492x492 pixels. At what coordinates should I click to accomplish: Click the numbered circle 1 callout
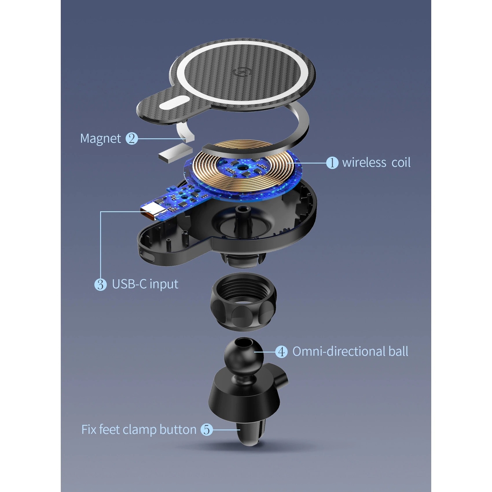[x=332, y=163]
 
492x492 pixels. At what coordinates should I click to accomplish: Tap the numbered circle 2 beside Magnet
[x=132, y=138]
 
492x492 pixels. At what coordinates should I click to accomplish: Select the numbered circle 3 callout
[x=101, y=284]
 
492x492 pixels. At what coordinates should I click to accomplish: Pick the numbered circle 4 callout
[x=281, y=352]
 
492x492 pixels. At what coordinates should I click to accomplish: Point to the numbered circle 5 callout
[x=207, y=430]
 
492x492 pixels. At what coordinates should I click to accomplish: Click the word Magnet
[x=101, y=139]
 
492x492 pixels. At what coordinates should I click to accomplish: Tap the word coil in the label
[x=401, y=163]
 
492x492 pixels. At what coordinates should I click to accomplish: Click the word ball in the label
[x=398, y=351]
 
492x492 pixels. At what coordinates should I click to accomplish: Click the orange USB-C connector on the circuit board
[x=149, y=212]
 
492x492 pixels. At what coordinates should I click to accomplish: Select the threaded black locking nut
[x=243, y=301]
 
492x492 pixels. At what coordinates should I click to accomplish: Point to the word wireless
[x=364, y=163]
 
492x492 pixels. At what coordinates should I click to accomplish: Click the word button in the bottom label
[x=178, y=430]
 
